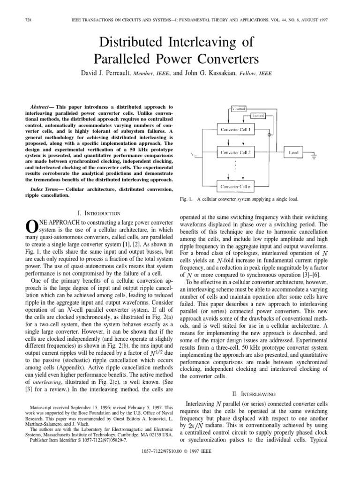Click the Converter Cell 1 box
coord(236,129)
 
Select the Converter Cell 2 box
coord(236,152)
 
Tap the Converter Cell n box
coord(236,186)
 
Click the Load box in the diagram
coord(293,152)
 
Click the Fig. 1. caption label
coord(187,199)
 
